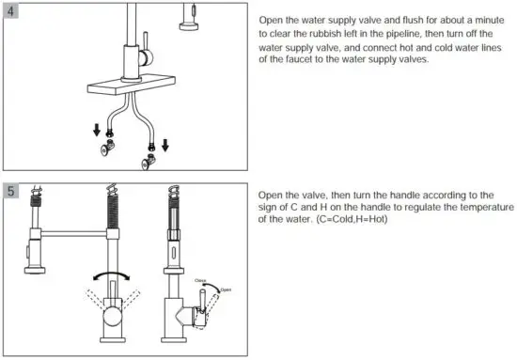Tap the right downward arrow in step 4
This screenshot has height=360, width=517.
coord(165,145)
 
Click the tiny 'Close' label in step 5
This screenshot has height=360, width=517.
coord(201,279)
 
